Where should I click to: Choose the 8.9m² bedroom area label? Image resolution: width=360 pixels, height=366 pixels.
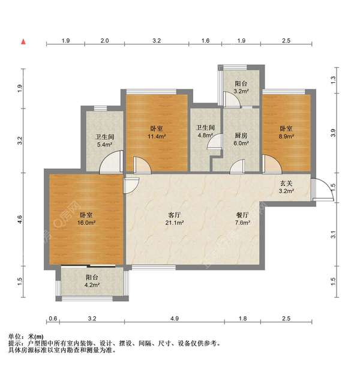(x=286, y=136)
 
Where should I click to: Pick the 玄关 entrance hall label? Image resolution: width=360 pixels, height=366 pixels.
(x=286, y=184)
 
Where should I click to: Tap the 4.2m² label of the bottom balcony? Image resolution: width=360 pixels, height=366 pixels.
(x=92, y=285)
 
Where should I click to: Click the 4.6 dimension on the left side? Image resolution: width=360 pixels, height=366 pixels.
(x=20, y=220)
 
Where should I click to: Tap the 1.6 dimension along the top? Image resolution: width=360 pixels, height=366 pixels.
(x=205, y=41)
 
